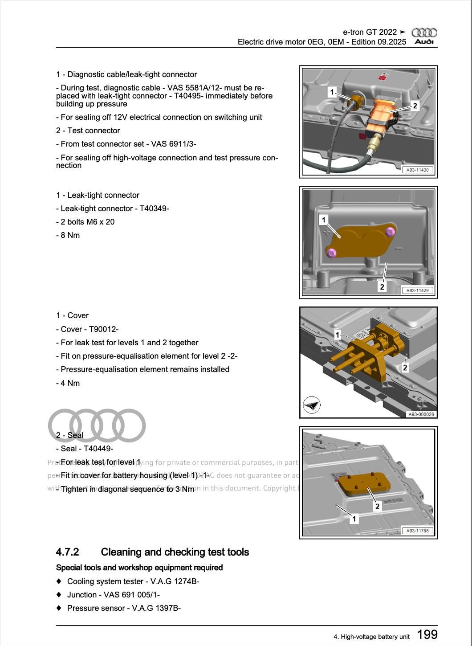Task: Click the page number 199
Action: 427,634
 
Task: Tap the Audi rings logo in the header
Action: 424,33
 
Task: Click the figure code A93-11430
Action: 417,170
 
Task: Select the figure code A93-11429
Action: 417,290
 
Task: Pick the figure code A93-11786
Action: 417,531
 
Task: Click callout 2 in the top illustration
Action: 415,106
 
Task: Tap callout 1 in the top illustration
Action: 332,92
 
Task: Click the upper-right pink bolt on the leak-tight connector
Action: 390,232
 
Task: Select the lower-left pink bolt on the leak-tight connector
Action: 331,253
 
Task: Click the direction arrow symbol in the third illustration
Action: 312,405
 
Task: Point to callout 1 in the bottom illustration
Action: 354,519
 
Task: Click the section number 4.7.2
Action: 67,552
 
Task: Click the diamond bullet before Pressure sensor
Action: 59,608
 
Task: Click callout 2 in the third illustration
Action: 405,368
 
